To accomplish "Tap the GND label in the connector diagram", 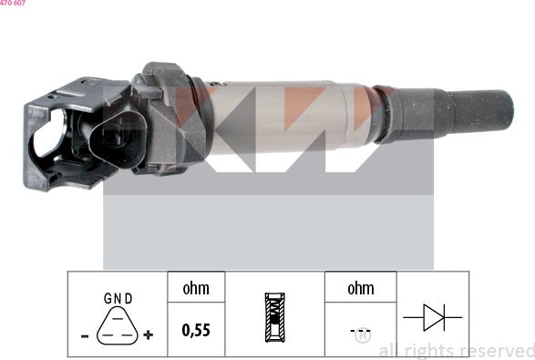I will (x=118, y=298).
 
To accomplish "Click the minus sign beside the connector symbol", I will (x=85, y=335).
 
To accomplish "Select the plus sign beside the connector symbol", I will (x=149, y=335).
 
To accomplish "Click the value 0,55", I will (x=195, y=330).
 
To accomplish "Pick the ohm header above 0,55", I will (x=195, y=288).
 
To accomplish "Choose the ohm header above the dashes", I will (x=360, y=288).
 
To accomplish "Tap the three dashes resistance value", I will (x=360, y=331).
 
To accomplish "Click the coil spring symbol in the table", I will (x=274, y=316).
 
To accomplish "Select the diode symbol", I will (x=432, y=317).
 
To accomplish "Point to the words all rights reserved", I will (x=456, y=350).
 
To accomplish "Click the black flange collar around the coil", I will (x=175, y=114).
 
